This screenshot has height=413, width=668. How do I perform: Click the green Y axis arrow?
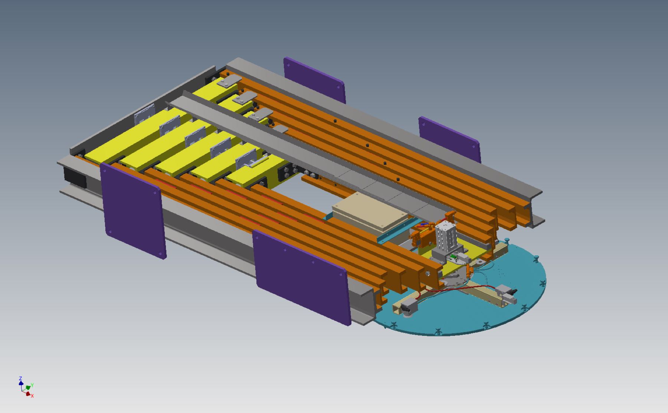tap(29, 387)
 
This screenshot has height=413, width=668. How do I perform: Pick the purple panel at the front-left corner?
tap(134, 210)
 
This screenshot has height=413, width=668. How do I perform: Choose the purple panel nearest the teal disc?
tap(302, 276)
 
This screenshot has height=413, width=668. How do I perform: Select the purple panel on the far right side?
tap(450, 140)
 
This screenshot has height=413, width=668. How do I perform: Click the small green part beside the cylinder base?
tap(453, 257)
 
